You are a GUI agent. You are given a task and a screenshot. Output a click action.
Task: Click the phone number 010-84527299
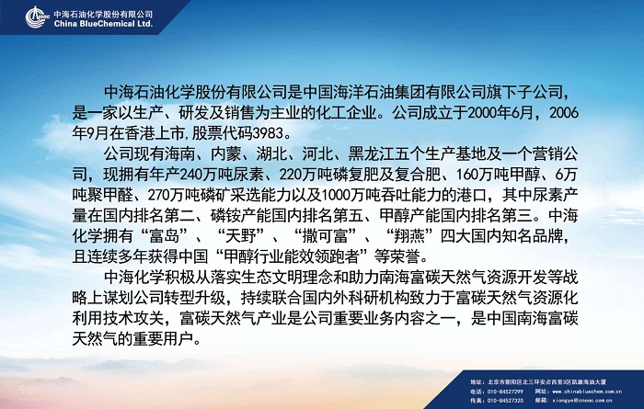[504, 392]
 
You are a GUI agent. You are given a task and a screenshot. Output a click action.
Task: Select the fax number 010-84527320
[504, 401]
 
